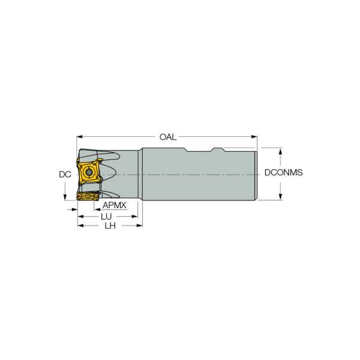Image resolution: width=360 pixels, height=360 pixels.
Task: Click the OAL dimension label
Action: pyautogui.click(x=168, y=137)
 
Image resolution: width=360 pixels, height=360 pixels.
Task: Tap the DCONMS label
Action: pyautogui.click(x=283, y=172)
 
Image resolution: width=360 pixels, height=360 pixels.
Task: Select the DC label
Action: pyautogui.click(x=65, y=175)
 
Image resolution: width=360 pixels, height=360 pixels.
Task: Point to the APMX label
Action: pyautogui.click(x=115, y=205)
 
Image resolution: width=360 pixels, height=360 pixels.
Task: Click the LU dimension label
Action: pyautogui.click(x=106, y=217)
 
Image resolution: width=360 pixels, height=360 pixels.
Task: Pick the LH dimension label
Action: pyautogui.click(x=110, y=226)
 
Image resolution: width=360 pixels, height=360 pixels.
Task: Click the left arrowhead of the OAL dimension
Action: pyautogui.click(x=79, y=137)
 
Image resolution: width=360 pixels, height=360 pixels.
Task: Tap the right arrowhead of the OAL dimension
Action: pyautogui.click(x=254, y=137)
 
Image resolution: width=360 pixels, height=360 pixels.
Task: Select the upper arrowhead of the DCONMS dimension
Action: pyautogui.click(x=280, y=151)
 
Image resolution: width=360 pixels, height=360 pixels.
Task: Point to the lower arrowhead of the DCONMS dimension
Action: pyautogui.click(x=280, y=197)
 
